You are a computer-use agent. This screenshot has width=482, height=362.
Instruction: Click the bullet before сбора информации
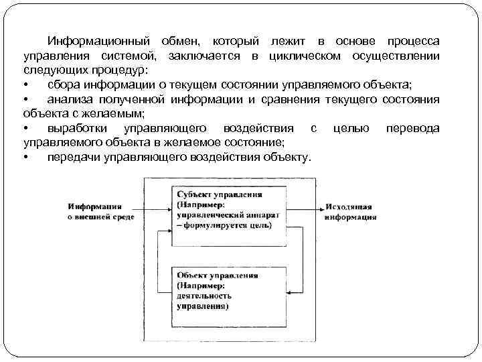coord(26,86)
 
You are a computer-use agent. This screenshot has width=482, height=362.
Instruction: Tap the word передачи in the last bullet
coord(73,158)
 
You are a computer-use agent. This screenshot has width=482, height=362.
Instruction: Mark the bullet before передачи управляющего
coord(26,158)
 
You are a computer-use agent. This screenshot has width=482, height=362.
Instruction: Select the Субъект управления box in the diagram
coord(228,210)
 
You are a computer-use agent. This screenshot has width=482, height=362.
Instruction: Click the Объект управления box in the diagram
coord(228,290)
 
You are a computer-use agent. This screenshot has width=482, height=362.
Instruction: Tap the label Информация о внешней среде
coord(100,212)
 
